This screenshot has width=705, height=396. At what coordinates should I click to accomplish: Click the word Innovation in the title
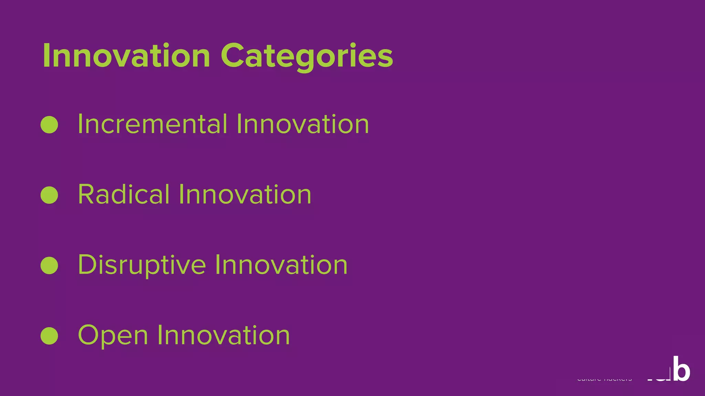[x=126, y=56]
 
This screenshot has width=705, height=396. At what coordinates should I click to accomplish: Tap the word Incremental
[x=152, y=124]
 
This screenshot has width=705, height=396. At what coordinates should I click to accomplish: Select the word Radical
[x=124, y=195]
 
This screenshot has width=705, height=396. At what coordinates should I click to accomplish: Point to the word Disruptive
[x=142, y=265]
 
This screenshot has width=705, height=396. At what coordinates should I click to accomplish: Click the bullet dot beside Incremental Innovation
[x=49, y=124]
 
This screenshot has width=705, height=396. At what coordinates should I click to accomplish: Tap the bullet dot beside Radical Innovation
[x=49, y=195]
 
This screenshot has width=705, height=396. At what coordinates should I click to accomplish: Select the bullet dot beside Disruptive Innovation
[x=49, y=265]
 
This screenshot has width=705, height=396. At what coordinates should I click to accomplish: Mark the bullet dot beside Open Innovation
[x=49, y=336]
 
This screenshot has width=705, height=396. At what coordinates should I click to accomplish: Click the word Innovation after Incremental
[x=303, y=124]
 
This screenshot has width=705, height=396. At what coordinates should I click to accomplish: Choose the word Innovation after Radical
[x=245, y=195]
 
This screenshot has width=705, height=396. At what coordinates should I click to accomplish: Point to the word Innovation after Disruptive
[x=281, y=265]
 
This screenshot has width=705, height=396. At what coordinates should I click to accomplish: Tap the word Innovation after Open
[x=223, y=335]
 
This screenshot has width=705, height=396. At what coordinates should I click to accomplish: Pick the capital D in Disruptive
[x=89, y=265]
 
